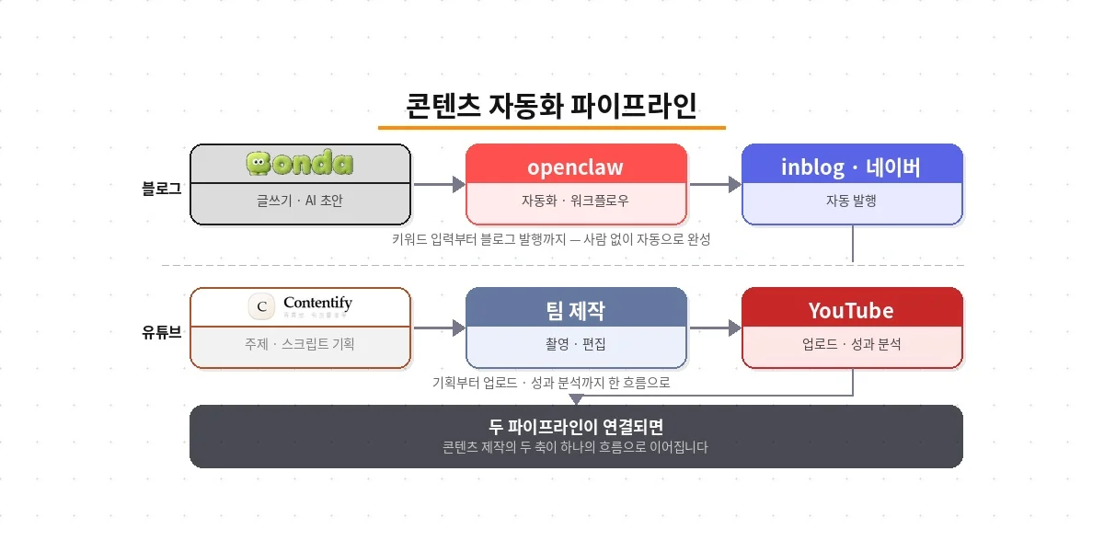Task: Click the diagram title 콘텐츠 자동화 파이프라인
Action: pyautogui.click(x=551, y=104)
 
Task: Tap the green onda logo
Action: pyautogui.click(x=300, y=164)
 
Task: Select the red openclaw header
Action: pyautogui.click(x=576, y=167)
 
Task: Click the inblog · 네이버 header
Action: pyautogui.click(x=852, y=167)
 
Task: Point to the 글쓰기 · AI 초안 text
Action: pyautogui.click(x=300, y=200)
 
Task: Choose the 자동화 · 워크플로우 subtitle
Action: pyautogui.click(x=576, y=200)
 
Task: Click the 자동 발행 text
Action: pyautogui.click(x=852, y=200)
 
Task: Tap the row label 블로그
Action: pyautogui.click(x=162, y=189)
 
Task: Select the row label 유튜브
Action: pyautogui.click(x=162, y=332)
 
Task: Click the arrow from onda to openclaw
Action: pyautogui.click(x=438, y=185)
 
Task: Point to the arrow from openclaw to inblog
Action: pyautogui.click(x=715, y=185)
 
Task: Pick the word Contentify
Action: pyautogui.click(x=317, y=303)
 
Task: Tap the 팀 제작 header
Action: pyautogui.click(x=576, y=310)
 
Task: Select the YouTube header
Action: pyautogui.click(x=852, y=310)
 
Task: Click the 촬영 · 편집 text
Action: pyautogui.click(x=576, y=344)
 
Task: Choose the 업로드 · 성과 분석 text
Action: pyautogui.click(x=852, y=344)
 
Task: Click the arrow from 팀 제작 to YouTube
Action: pyautogui.click(x=715, y=328)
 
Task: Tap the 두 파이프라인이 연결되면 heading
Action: pyautogui.click(x=576, y=428)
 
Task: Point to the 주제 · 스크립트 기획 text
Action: pyautogui.click(x=300, y=344)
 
